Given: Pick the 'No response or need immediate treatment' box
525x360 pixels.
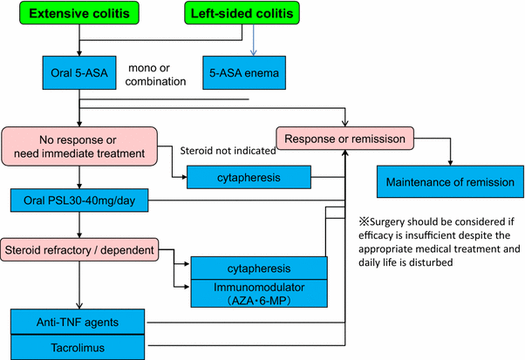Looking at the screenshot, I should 79,143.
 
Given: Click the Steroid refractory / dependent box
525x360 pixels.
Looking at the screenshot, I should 79,250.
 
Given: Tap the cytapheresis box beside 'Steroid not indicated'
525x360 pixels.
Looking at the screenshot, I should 250,179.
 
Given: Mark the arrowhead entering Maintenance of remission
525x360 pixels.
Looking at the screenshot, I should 449,162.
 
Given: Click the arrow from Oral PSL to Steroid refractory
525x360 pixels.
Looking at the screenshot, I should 79,225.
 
